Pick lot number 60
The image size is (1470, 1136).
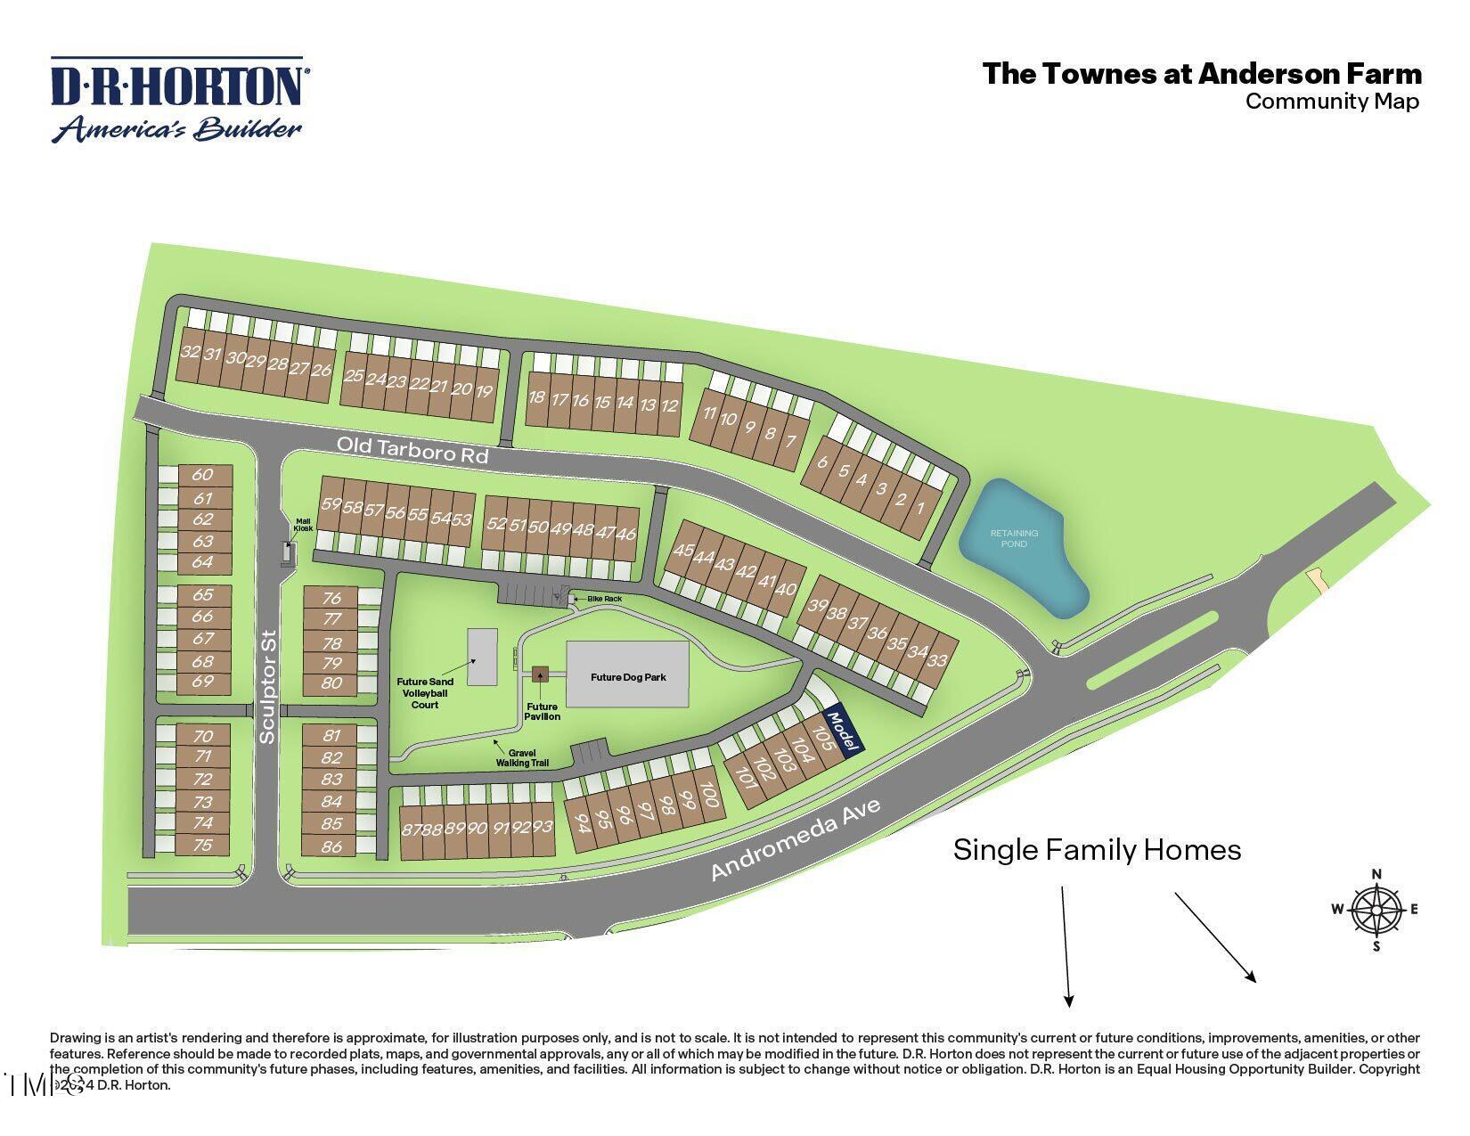[203, 475]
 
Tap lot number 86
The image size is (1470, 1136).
[331, 846]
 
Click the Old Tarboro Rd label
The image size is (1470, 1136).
[412, 449]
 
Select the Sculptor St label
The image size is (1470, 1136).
[268, 687]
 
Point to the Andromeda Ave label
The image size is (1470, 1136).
[796, 840]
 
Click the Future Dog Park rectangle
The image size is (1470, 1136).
[628, 676]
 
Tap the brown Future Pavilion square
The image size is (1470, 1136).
[539, 674]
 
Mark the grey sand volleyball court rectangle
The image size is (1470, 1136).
[483, 658]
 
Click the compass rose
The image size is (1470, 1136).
[1376, 910]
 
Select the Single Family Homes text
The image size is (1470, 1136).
[1097, 850]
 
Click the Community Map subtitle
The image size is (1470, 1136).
[1331, 102]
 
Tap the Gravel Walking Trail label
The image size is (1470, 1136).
[522, 757]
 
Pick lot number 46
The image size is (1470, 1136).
[626, 534]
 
